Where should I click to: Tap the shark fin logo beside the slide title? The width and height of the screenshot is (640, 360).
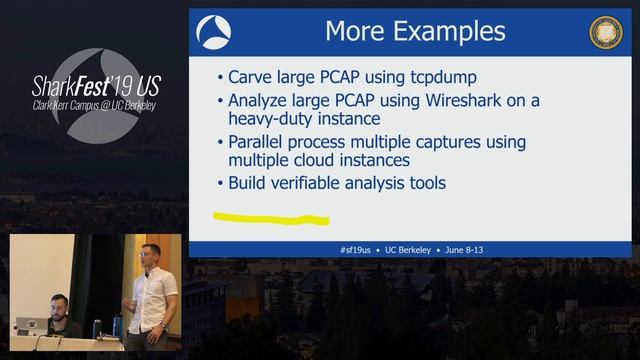tap(213, 31)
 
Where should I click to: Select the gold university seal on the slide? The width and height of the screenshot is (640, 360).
tap(606, 31)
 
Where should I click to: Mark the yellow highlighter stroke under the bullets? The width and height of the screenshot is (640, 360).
tap(271, 217)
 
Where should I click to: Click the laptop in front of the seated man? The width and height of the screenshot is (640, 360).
tap(30, 326)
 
